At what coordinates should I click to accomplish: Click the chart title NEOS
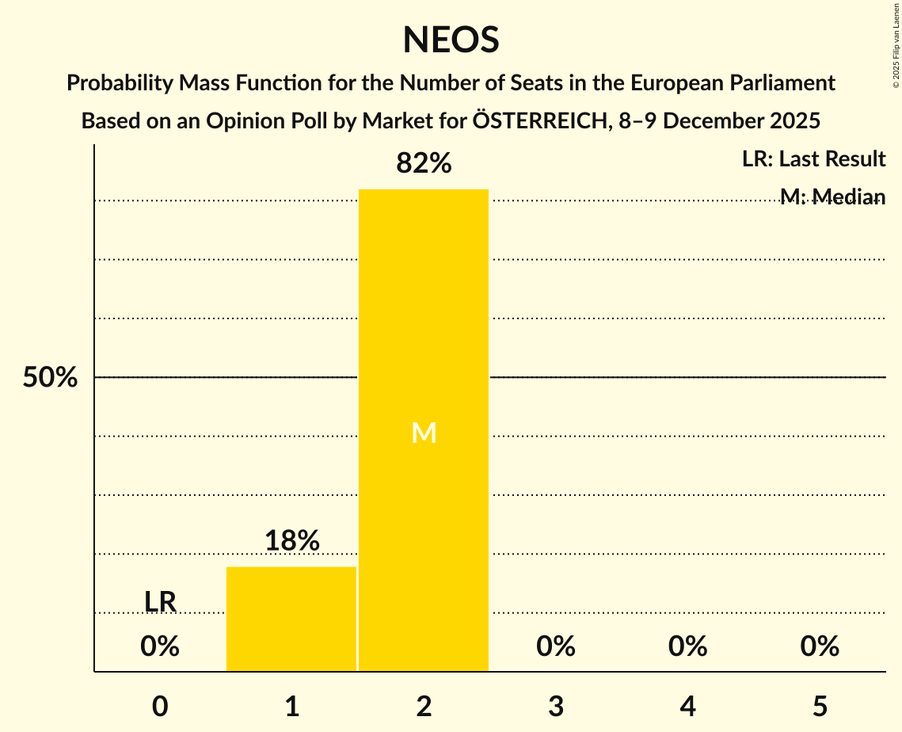(x=451, y=40)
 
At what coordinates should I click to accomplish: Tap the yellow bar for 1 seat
(x=291, y=619)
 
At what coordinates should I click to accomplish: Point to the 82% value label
(x=424, y=164)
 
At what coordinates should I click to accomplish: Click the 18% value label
(x=291, y=541)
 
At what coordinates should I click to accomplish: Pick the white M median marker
(x=424, y=433)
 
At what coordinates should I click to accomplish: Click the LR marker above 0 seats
(x=160, y=602)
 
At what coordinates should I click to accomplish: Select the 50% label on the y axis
(x=50, y=378)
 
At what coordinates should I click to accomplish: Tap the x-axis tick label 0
(x=160, y=707)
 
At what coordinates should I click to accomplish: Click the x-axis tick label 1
(x=291, y=707)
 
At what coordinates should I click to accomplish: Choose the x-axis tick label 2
(x=424, y=707)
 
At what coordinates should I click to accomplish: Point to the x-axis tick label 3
(x=555, y=707)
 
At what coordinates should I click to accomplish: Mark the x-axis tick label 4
(x=687, y=707)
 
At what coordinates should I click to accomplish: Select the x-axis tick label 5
(x=819, y=707)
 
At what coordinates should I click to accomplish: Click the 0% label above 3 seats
(x=555, y=647)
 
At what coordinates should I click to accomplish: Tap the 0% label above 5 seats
(x=819, y=647)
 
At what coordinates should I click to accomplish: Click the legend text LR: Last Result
(x=813, y=159)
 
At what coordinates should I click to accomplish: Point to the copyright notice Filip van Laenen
(x=896, y=43)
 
